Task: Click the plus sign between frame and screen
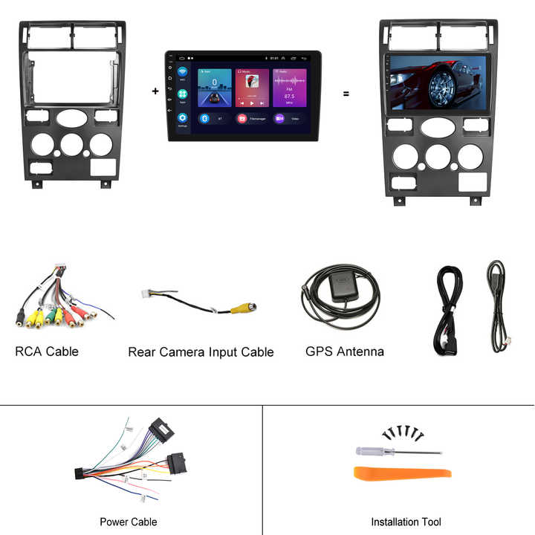tap(155, 91)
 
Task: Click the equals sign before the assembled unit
tap(346, 94)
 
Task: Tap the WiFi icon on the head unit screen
tap(182, 73)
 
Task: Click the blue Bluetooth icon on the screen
tap(204, 118)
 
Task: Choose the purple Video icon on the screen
tap(280, 118)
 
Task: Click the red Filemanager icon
tap(242, 118)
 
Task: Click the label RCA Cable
tap(46, 351)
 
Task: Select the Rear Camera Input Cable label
tap(201, 351)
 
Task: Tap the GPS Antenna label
tap(345, 351)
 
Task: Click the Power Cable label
tap(129, 522)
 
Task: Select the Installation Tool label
tap(406, 522)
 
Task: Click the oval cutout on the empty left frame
tap(71, 117)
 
